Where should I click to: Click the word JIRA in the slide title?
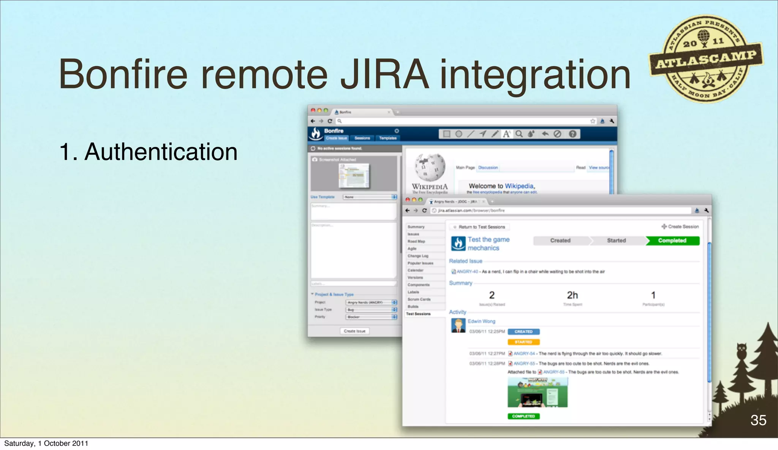tap(384, 74)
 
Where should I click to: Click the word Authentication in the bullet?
tap(161, 152)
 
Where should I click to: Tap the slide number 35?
tap(758, 420)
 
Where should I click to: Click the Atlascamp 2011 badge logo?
tap(705, 59)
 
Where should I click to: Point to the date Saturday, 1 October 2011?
tap(46, 443)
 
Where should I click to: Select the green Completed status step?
tap(672, 241)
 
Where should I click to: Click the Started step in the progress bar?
tap(616, 241)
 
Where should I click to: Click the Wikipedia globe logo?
tap(430, 168)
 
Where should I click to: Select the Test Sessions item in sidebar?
tap(418, 314)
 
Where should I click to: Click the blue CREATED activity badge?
tap(523, 332)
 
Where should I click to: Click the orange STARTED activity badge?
tap(523, 342)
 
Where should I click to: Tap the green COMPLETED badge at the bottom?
tap(523, 416)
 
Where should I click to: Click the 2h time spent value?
tap(572, 295)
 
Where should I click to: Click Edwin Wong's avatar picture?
tap(458, 326)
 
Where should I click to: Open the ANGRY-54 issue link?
tap(524, 353)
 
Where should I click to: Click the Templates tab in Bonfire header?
tap(387, 138)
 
